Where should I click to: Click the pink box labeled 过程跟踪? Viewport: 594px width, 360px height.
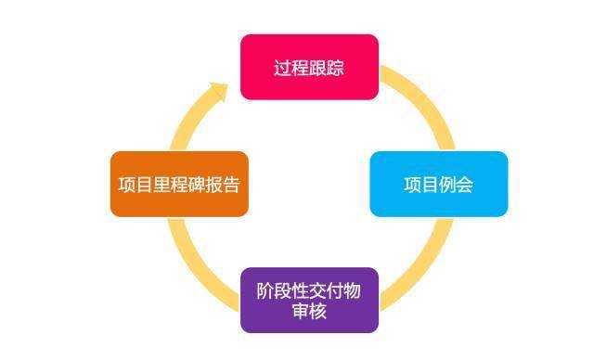(x=309, y=67)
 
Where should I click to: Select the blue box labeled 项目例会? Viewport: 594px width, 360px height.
(x=439, y=184)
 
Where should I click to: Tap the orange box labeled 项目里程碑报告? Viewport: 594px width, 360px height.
(x=179, y=184)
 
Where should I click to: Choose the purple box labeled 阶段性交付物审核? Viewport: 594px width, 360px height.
(x=309, y=301)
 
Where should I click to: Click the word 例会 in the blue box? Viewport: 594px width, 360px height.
(x=457, y=184)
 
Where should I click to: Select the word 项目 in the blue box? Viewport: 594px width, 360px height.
(x=421, y=184)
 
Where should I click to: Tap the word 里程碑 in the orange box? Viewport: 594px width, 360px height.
(x=179, y=184)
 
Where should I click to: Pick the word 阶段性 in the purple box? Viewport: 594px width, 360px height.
(x=282, y=290)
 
